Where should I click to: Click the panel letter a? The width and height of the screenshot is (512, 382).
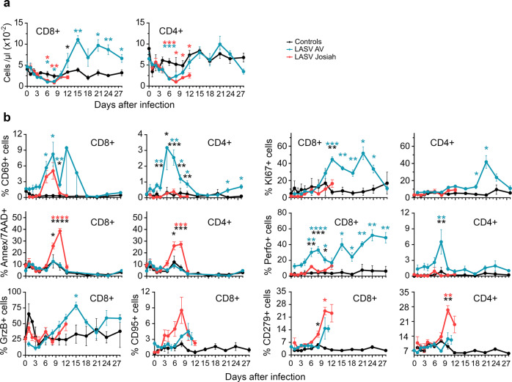pyautogui.click(x=5, y=6)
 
